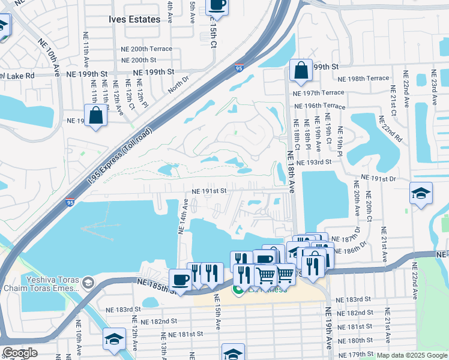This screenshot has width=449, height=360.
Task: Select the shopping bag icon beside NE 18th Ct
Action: click(x=301, y=70)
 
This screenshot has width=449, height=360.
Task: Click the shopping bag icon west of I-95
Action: click(x=96, y=115)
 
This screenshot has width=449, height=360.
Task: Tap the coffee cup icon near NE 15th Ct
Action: click(x=217, y=5)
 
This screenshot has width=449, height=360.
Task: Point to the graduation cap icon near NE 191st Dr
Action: click(x=421, y=194)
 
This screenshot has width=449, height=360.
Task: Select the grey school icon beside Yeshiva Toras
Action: click(x=88, y=282)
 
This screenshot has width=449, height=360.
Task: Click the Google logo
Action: click(x=19, y=353)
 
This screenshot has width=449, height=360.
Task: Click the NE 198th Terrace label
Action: click(x=363, y=79)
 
